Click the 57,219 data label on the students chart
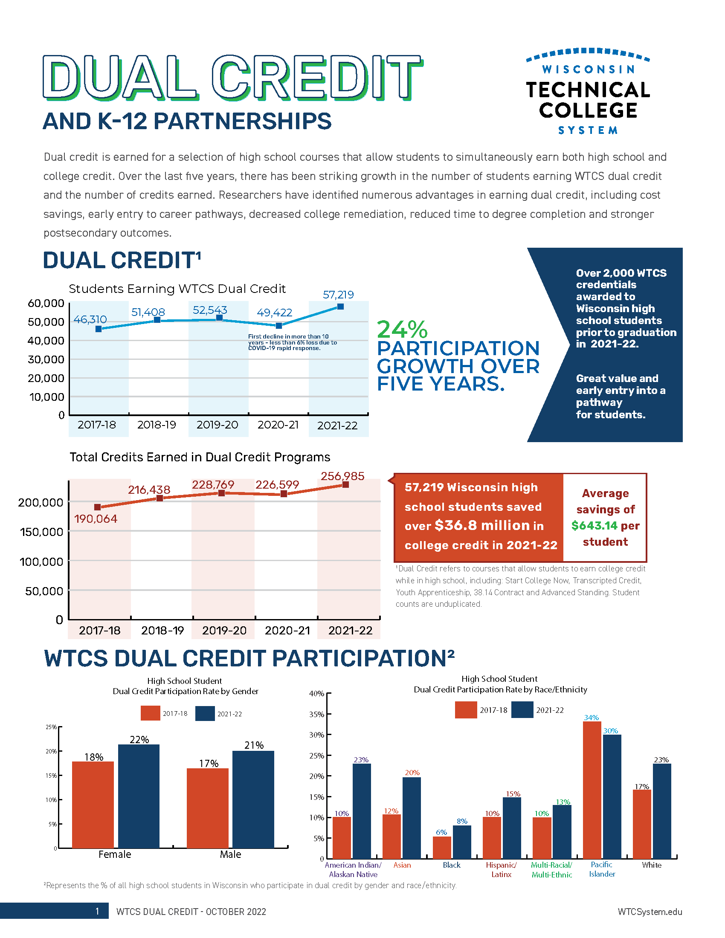pyautogui.click(x=338, y=295)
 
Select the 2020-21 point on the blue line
pyautogui.click(x=279, y=326)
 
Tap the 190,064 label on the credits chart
pyautogui.click(x=96, y=519)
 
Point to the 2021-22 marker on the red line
pyautogui.click(x=345, y=484)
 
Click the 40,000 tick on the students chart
pyautogui.click(x=46, y=341)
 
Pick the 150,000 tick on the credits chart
pyautogui.click(x=41, y=532)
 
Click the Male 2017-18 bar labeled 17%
pyautogui.click(x=207, y=808)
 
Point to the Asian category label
pyautogui.click(x=402, y=865)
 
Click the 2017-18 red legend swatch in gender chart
pyautogui.click(x=150, y=713)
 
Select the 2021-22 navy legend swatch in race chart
pyautogui.click(x=522, y=710)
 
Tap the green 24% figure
pyautogui.click(x=402, y=330)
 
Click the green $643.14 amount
pyautogui.click(x=594, y=526)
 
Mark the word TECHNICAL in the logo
pyautogui.click(x=588, y=90)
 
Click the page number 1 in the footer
pyautogui.click(x=98, y=912)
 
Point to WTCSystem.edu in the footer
pyautogui.click(x=650, y=912)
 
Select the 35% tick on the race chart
pyautogui.click(x=316, y=714)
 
